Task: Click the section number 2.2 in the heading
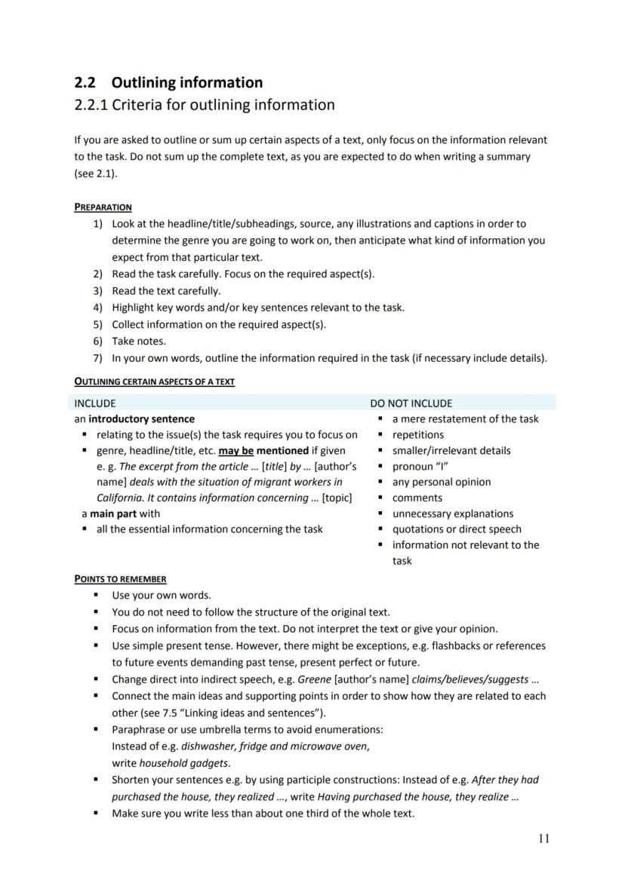(85, 83)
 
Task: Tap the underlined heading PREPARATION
(103, 207)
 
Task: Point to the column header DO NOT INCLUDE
(411, 403)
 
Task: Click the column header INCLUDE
(95, 403)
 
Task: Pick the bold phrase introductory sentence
(141, 419)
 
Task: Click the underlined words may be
(236, 451)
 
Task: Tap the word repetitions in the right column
(418, 435)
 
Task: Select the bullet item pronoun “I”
(420, 467)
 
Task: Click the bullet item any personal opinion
(441, 483)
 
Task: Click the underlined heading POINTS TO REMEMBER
(120, 579)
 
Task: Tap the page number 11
(544, 839)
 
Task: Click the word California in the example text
(119, 498)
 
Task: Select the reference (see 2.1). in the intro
(96, 173)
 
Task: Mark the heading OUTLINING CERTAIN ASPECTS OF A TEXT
(154, 382)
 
